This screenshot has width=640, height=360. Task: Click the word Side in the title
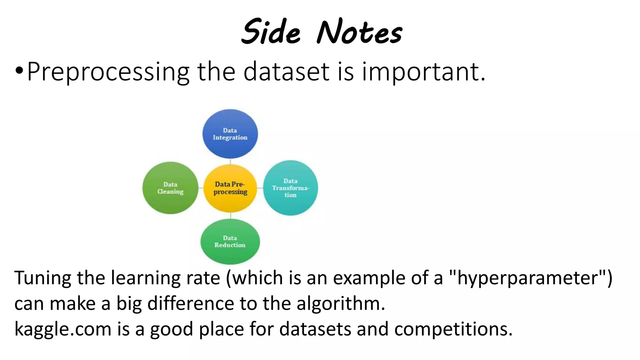pyautogui.click(x=271, y=32)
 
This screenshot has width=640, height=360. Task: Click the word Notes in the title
pyautogui.click(x=359, y=32)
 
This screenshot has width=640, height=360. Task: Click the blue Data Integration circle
pyautogui.click(x=230, y=134)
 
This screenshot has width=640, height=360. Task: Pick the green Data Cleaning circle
pyautogui.click(x=170, y=188)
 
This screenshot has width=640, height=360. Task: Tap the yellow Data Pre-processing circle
pyautogui.click(x=230, y=188)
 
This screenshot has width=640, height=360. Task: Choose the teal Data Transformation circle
pyautogui.click(x=290, y=188)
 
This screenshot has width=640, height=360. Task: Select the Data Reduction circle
pyautogui.click(x=230, y=242)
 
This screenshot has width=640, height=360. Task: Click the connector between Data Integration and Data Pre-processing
pyautogui.click(x=230, y=161)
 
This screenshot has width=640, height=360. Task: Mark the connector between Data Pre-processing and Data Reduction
pyautogui.click(x=230, y=216)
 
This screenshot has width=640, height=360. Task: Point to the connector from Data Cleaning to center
pyautogui.click(x=201, y=188)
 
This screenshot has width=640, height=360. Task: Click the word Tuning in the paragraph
pyautogui.click(x=42, y=278)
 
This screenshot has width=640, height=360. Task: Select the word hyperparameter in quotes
pyautogui.click(x=527, y=278)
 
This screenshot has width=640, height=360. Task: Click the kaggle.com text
pyautogui.click(x=63, y=329)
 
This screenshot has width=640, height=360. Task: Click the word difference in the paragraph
pyautogui.click(x=191, y=303)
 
